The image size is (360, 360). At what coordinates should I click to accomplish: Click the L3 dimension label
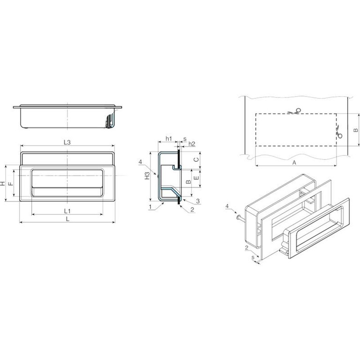click(x=67, y=142)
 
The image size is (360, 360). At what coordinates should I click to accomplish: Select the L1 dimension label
click(x=67, y=211)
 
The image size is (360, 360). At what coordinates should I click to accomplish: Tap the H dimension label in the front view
click(x=2, y=183)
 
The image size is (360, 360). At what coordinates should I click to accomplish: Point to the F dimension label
click(x=10, y=184)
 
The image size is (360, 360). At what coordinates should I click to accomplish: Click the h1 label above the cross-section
click(x=169, y=138)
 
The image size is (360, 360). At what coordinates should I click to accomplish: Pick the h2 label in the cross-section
click(x=192, y=144)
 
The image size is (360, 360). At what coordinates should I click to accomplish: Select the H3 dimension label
click(x=147, y=176)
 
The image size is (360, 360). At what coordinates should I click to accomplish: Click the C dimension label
click(x=196, y=159)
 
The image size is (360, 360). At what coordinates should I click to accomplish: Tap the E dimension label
click(x=196, y=178)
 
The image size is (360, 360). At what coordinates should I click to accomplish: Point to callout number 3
click(x=198, y=202)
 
